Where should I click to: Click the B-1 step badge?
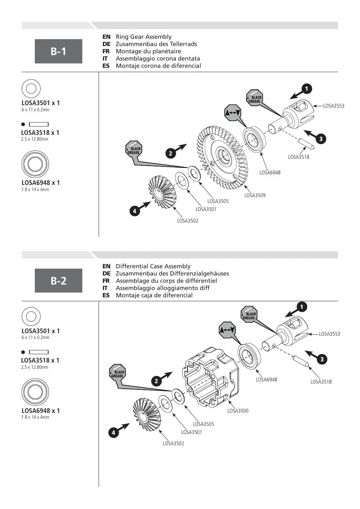point(58,51)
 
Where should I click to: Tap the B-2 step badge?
point(58,280)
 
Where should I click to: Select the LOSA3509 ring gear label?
point(255,195)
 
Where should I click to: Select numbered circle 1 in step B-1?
point(307,88)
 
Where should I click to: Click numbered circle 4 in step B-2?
point(113,433)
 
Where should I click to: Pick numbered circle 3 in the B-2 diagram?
point(322,359)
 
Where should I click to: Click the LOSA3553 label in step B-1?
point(334,106)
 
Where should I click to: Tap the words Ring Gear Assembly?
point(144,37)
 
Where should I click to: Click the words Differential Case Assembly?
point(153,266)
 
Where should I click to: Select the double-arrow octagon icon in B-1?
point(233,113)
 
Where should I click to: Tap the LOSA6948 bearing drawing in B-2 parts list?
point(35,392)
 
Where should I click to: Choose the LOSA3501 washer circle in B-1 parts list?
point(31,88)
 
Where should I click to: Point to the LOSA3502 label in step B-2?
point(173,443)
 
